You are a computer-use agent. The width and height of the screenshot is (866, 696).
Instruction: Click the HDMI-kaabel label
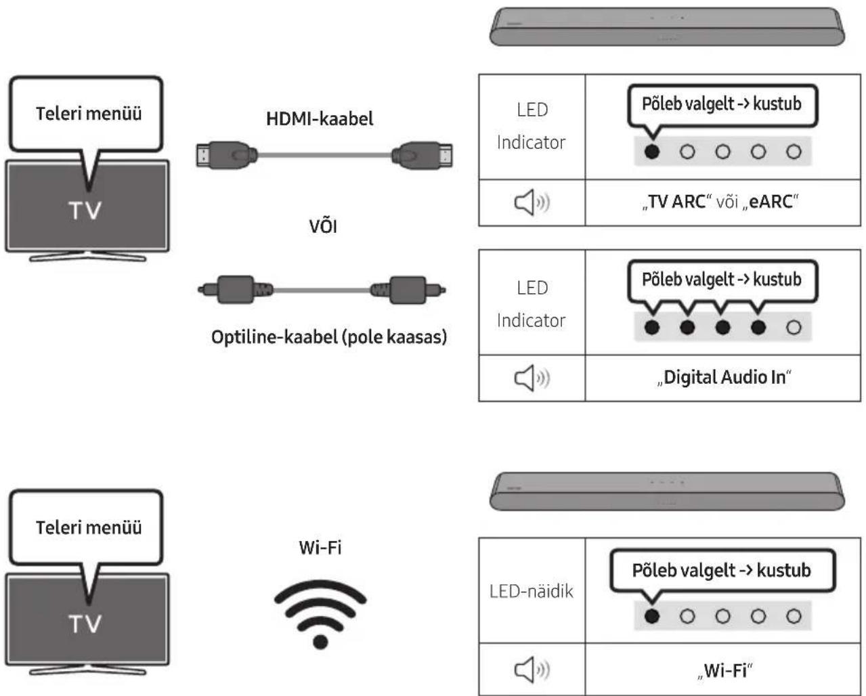pyautogui.click(x=320, y=118)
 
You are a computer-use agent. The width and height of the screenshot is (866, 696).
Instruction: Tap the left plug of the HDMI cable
pyautogui.click(x=227, y=155)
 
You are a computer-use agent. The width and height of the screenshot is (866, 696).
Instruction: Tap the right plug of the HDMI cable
pyautogui.click(x=422, y=155)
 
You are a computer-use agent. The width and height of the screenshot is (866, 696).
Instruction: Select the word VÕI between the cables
pyautogui.click(x=323, y=225)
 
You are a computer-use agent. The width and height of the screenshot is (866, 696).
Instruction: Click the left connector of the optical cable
pyautogui.click(x=236, y=289)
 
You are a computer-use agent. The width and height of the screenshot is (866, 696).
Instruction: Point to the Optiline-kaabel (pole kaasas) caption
pyautogui.click(x=329, y=337)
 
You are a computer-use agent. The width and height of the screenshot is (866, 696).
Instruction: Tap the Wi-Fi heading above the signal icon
pyautogui.click(x=320, y=548)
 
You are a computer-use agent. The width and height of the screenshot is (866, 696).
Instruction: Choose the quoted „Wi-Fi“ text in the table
pyautogui.click(x=724, y=670)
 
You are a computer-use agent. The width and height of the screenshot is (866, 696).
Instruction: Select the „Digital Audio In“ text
pyautogui.click(x=724, y=378)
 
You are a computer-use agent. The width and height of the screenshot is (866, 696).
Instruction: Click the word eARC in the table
pyautogui.click(x=771, y=202)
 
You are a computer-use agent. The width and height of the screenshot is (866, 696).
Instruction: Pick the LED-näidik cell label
pyautogui.click(x=532, y=591)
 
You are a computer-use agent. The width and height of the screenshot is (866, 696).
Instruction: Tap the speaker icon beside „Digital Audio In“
pyautogui.click(x=532, y=378)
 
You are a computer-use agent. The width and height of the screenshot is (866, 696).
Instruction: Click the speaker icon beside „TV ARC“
pyautogui.click(x=532, y=202)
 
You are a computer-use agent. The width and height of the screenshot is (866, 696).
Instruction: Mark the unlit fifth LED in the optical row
pyautogui.click(x=794, y=327)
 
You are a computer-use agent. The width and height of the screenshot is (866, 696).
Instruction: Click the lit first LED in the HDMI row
pyautogui.click(x=652, y=152)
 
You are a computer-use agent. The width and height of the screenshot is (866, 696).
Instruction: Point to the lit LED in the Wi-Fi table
pyautogui.click(x=652, y=616)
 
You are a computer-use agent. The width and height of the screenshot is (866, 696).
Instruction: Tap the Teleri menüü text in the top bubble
pyautogui.click(x=89, y=114)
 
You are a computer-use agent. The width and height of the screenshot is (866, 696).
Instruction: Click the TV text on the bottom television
pyautogui.click(x=85, y=624)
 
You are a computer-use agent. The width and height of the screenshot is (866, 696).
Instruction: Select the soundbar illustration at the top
pyautogui.click(x=667, y=26)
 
